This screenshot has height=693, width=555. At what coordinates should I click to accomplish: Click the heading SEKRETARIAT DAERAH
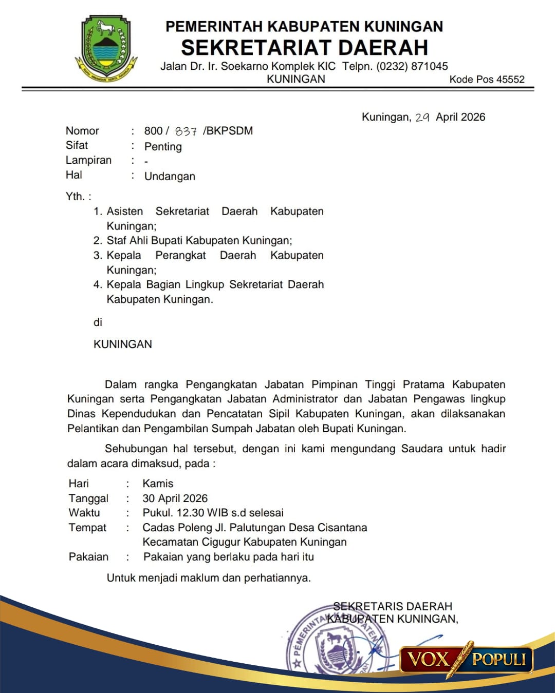pos(304,48)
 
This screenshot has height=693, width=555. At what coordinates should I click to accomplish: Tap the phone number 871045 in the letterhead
pos(430,66)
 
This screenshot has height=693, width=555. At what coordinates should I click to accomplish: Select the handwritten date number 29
pos(422,118)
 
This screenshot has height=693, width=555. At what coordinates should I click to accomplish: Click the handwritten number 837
pos(186,131)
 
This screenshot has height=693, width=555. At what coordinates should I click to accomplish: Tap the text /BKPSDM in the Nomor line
pos(228,131)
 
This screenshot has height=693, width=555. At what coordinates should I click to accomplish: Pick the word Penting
pos(163,147)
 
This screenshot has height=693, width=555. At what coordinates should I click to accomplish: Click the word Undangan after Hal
pos(170,177)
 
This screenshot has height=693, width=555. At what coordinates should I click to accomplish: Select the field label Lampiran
pos(88,160)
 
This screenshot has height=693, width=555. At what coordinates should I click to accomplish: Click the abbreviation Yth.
pos(76,197)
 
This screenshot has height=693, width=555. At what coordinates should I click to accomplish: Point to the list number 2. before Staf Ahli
pos(98,241)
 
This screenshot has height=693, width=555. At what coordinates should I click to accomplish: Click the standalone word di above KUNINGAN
pos(98,322)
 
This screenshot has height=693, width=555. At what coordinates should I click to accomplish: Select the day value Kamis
pos(158,484)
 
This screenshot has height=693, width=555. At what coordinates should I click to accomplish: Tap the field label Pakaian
pos(88,557)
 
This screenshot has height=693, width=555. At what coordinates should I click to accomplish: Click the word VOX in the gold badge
pos(428,659)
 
